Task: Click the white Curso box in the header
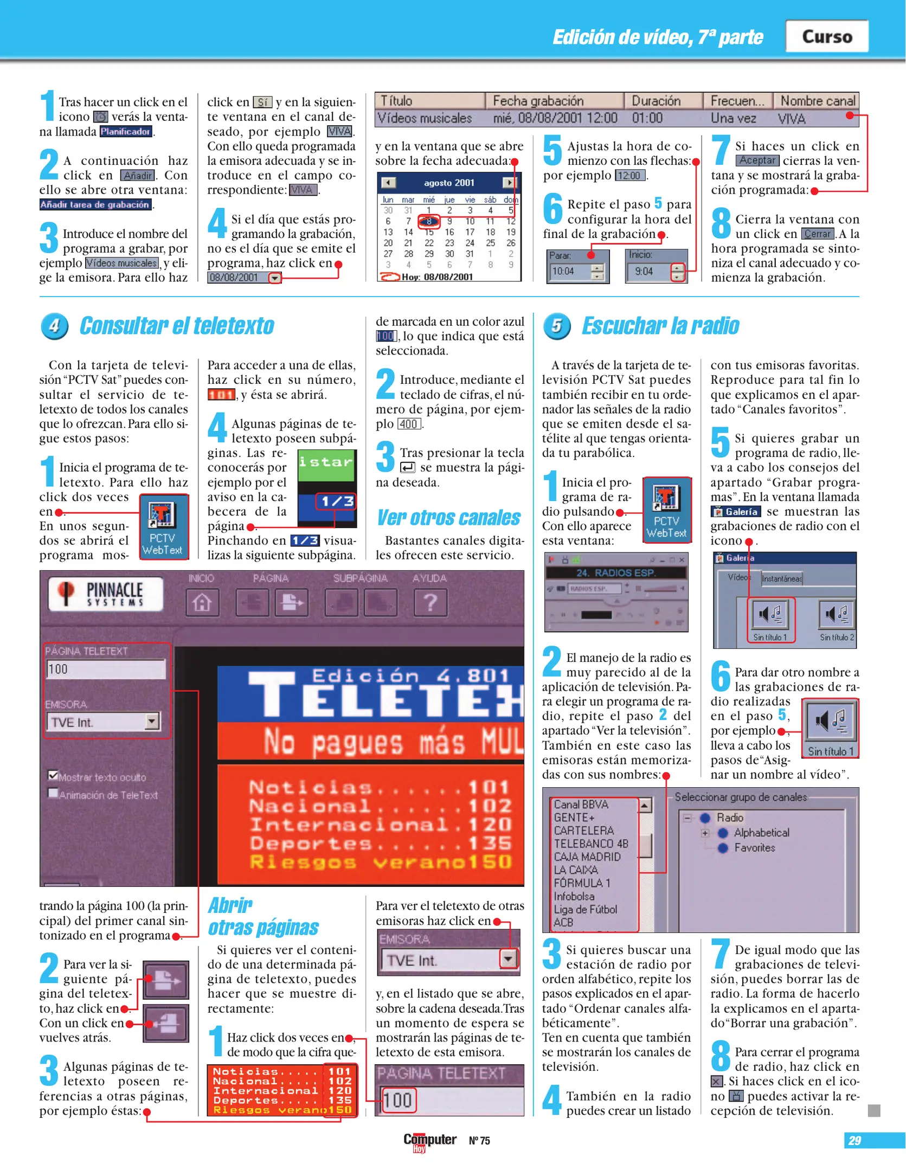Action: [826, 36]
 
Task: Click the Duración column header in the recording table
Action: [656, 101]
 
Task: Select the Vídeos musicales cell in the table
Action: [425, 118]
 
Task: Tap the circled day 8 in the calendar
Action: [428, 221]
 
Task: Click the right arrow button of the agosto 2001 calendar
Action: [508, 183]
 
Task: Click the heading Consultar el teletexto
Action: [177, 326]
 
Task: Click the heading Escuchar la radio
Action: [660, 326]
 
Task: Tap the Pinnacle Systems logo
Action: [105, 594]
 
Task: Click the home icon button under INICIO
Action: [202, 602]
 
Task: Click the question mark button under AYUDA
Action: [430, 602]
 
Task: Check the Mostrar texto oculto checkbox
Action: [53, 775]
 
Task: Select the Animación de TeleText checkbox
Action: [53, 793]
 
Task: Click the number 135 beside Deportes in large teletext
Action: [490, 843]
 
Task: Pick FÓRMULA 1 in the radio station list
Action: [582, 883]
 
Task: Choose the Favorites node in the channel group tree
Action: [754, 848]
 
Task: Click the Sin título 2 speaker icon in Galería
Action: [836, 615]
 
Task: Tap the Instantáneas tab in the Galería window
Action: [781, 578]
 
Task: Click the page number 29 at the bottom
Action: [854, 1141]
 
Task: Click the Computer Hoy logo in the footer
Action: [429, 1141]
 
